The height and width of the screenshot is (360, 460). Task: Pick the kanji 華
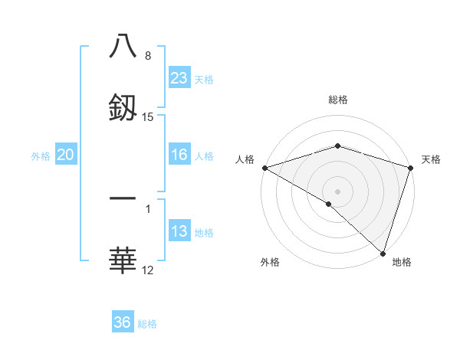pyautogui.click(x=123, y=260)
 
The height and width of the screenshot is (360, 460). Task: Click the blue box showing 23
pyautogui.click(x=179, y=78)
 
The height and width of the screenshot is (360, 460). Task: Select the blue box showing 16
pyautogui.click(x=179, y=155)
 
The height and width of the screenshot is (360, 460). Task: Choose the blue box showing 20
pyautogui.click(x=65, y=155)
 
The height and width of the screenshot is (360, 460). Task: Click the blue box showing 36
pyautogui.click(x=123, y=322)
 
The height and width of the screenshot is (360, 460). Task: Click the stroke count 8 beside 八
pyautogui.click(x=148, y=56)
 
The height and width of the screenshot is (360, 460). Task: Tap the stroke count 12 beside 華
pyautogui.click(x=148, y=270)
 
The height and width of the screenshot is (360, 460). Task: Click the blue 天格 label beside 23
pyautogui.click(x=203, y=79)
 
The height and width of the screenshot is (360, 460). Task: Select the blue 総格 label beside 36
pyautogui.click(x=147, y=324)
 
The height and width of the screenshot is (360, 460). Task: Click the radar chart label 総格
pyautogui.click(x=337, y=100)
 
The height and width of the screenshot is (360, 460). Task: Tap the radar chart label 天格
pyautogui.click(x=431, y=159)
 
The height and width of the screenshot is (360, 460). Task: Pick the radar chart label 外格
pyautogui.click(x=270, y=262)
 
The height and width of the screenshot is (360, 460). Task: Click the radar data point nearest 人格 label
pyautogui.click(x=264, y=167)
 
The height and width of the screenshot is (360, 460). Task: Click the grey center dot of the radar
pyautogui.click(x=337, y=191)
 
